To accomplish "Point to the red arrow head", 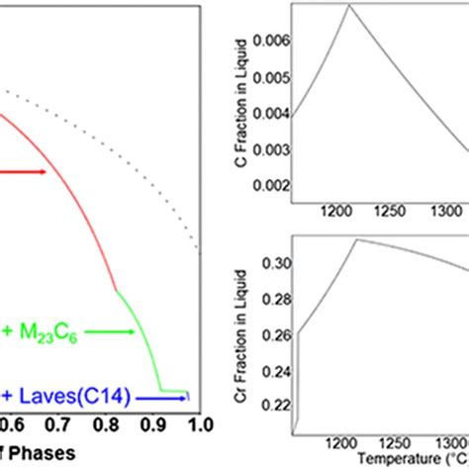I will (45, 172).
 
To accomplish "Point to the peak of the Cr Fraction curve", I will (357, 238).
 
